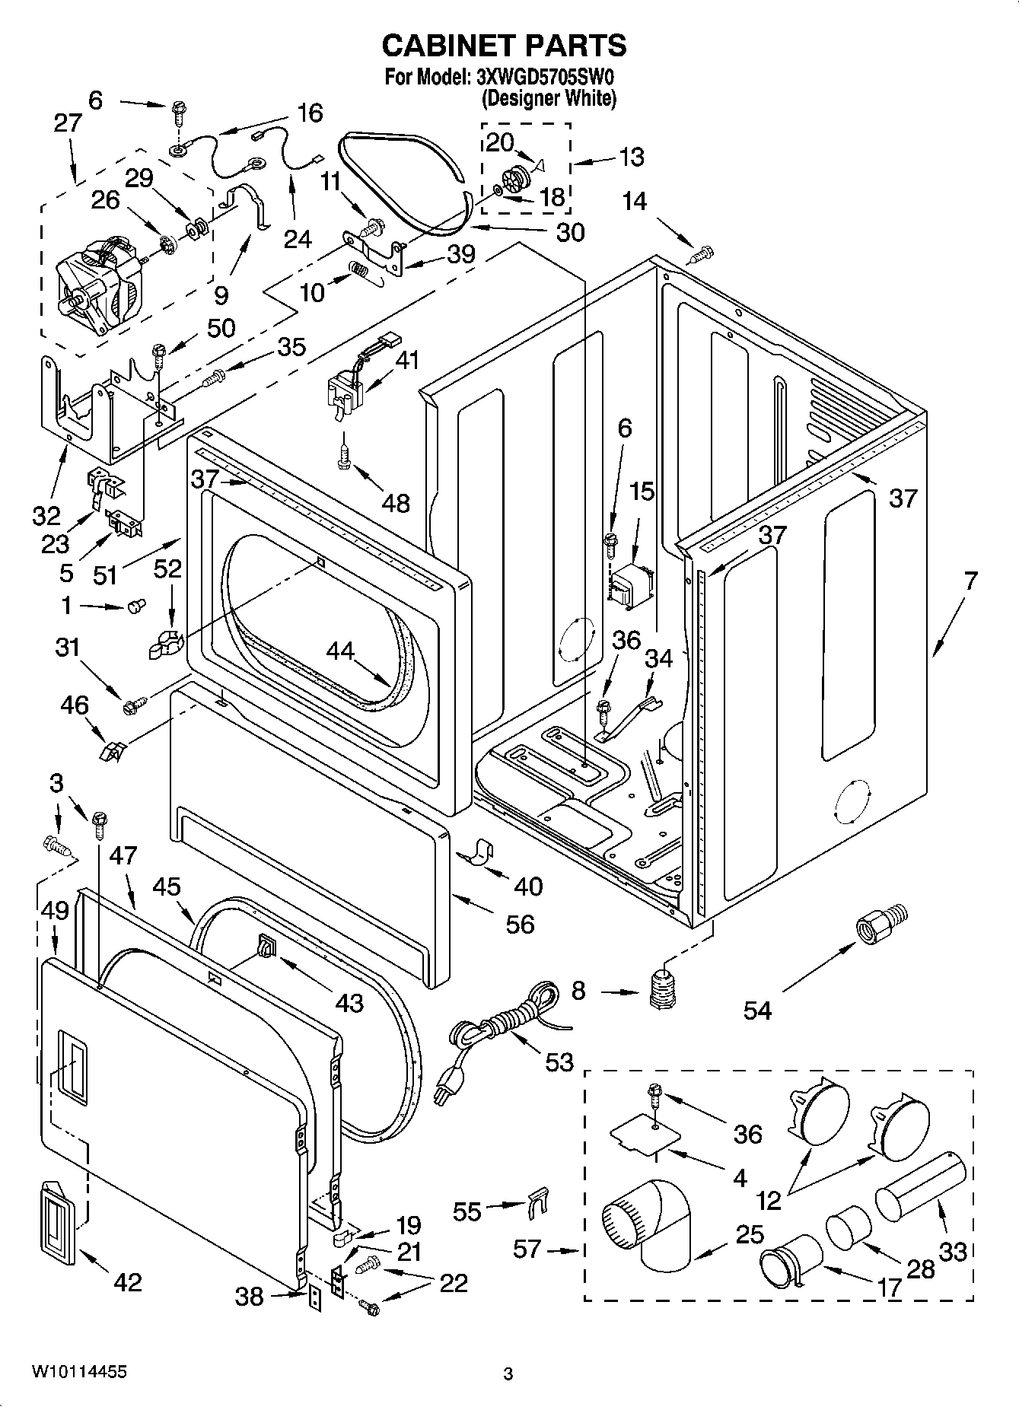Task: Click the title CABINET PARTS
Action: tap(504, 46)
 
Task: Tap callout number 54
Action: tap(757, 1010)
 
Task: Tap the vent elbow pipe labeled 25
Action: tap(651, 1221)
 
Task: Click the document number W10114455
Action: tap(79, 1371)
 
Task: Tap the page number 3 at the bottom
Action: tap(508, 1374)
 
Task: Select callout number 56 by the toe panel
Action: tap(520, 924)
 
